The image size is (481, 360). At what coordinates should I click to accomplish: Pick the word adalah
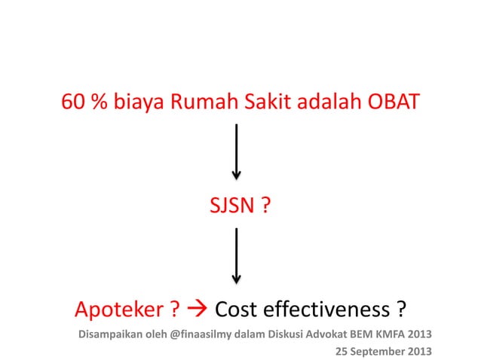[329, 102]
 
